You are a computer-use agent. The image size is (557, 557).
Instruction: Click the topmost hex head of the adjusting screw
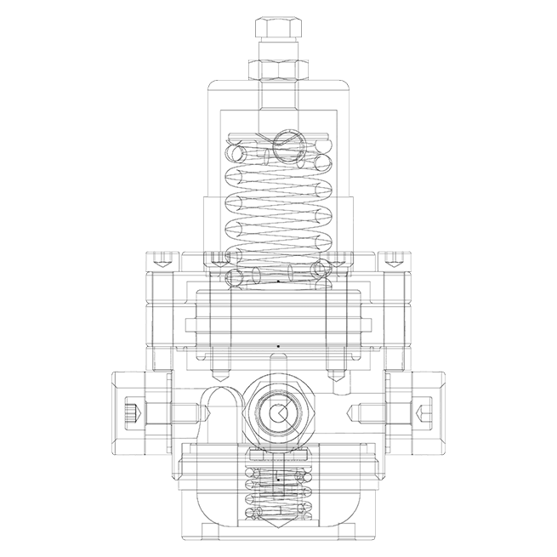278,31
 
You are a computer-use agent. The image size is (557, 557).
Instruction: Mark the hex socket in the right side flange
425,414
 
